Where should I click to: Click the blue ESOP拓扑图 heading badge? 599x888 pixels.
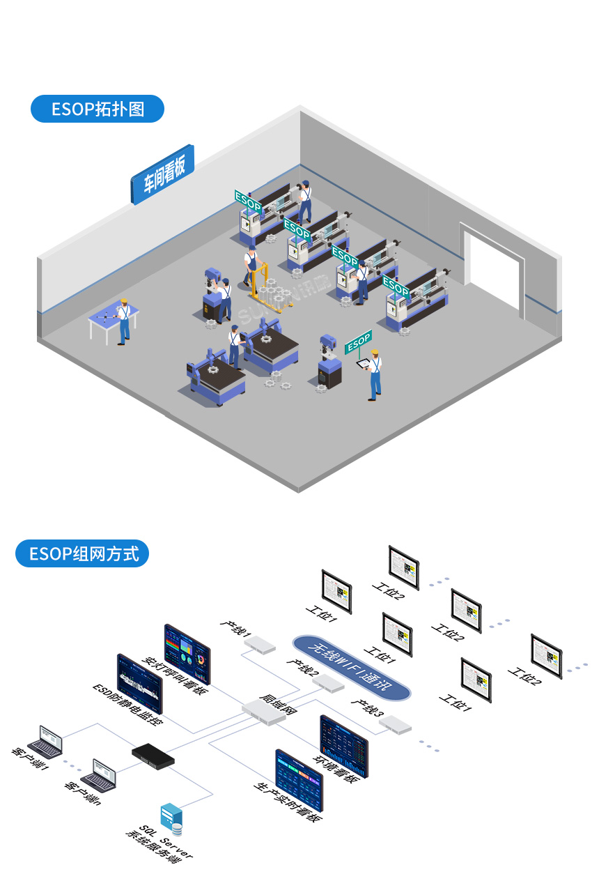(98, 109)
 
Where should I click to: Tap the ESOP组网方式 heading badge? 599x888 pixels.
(82, 553)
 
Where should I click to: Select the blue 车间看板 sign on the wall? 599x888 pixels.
(163, 174)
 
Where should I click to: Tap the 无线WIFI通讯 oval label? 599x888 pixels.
(351, 666)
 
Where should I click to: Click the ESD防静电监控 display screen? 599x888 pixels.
(139, 683)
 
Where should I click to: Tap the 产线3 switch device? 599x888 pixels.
(395, 724)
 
